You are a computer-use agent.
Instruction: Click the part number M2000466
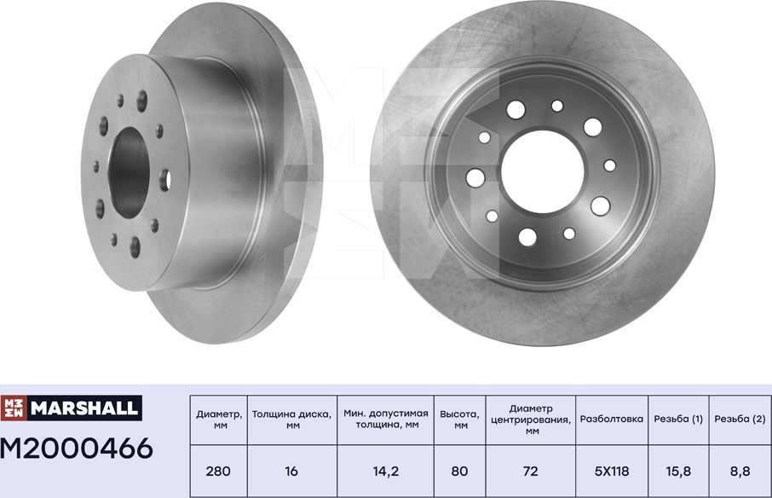tap(77, 447)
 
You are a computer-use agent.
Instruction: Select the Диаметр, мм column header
tap(219, 419)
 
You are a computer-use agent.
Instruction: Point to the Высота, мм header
tap(459, 419)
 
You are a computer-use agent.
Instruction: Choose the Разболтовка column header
tap(611, 419)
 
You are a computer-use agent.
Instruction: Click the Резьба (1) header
tap(678, 419)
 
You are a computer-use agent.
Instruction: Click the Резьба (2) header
tap(740, 419)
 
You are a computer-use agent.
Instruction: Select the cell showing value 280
tap(219, 470)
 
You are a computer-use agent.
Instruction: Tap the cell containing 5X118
tap(611, 470)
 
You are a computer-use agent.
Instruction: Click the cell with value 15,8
tap(678, 470)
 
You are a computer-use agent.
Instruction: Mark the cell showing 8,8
tap(740, 470)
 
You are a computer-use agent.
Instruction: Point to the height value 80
tap(459, 470)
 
